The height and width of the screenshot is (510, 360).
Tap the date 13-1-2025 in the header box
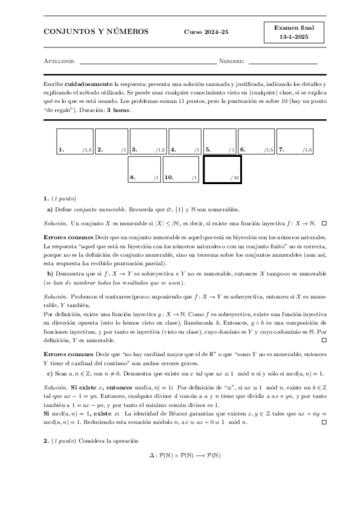(290, 37)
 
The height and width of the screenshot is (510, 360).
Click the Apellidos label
(59, 61)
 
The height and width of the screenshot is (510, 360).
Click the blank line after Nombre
(282, 61)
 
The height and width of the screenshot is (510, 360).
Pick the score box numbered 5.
(219, 142)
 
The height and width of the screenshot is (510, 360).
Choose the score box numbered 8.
(144, 170)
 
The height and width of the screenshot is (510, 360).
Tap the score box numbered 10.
(181, 170)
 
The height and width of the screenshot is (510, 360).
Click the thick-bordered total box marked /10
(222, 170)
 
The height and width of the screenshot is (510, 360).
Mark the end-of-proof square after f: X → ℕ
(324, 223)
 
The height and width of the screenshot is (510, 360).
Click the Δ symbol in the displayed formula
(152, 456)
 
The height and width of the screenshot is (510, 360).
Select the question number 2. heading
(46, 441)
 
